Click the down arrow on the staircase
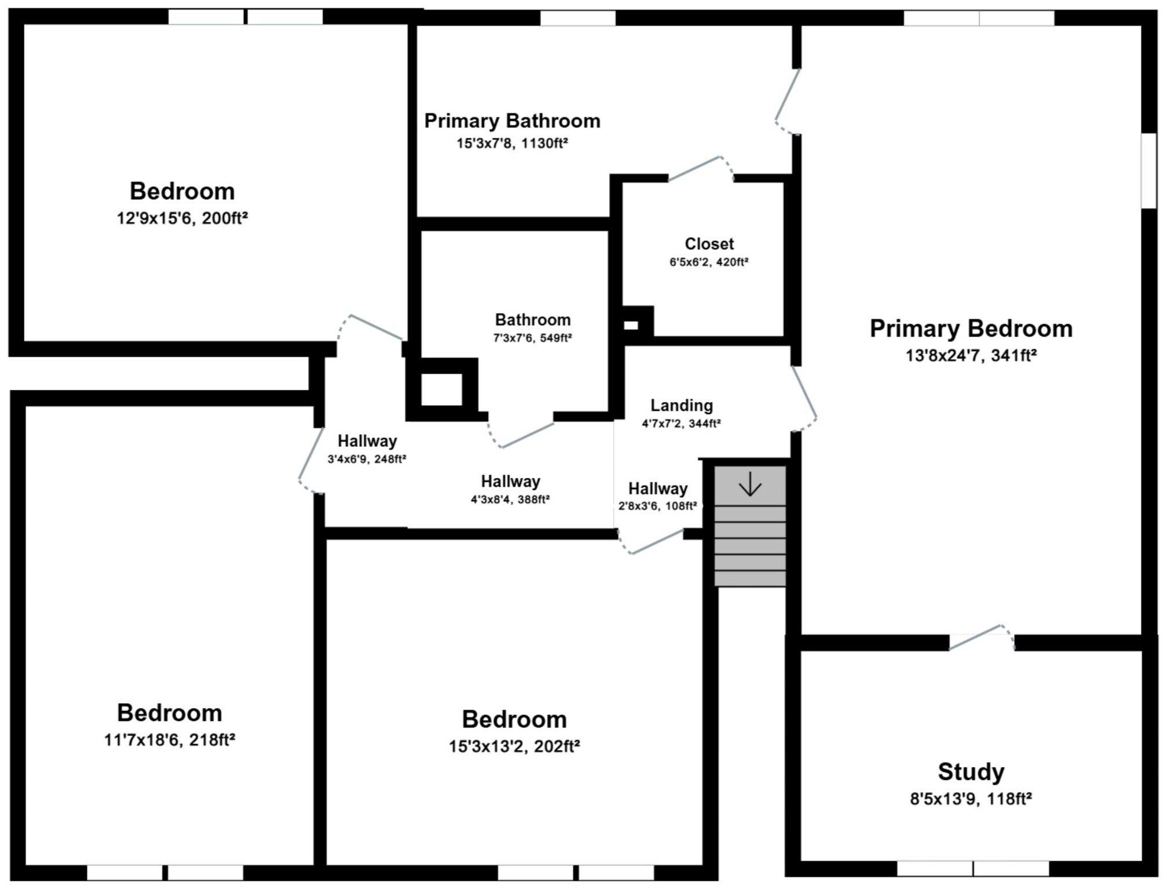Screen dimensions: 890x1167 pyautogui.click(x=750, y=484)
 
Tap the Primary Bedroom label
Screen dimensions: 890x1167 pyautogui.click(x=971, y=329)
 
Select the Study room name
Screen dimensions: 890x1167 pyautogui.click(x=971, y=772)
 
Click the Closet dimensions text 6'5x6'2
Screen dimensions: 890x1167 pyautogui.click(x=709, y=262)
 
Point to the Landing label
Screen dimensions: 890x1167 pyautogui.click(x=681, y=405)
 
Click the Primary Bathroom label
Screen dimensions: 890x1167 pyautogui.click(x=512, y=121)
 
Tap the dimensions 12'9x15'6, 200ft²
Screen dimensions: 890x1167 pyautogui.click(x=182, y=218)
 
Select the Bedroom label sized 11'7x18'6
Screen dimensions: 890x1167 pyautogui.click(x=169, y=713)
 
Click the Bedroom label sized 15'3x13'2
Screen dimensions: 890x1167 pyautogui.click(x=514, y=719)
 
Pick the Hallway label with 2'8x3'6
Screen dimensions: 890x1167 pyautogui.click(x=657, y=488)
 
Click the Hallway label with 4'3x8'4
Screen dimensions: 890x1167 pyautogui.click(x=510, y=482)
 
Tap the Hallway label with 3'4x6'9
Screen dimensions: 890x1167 pyautogui.click(x=367, y=441)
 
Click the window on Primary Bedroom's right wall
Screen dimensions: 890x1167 pyautogui.click(x=1148, y=171)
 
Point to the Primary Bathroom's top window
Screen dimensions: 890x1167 pyautogui.click(x=577, y=18)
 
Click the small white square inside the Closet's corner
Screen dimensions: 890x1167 pyautogui.click(x=631, y=326)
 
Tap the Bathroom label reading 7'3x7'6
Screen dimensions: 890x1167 pyautogui.click(x=532, y=320)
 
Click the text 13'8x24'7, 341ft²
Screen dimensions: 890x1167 pyautogui.click(x=971, y=355)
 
